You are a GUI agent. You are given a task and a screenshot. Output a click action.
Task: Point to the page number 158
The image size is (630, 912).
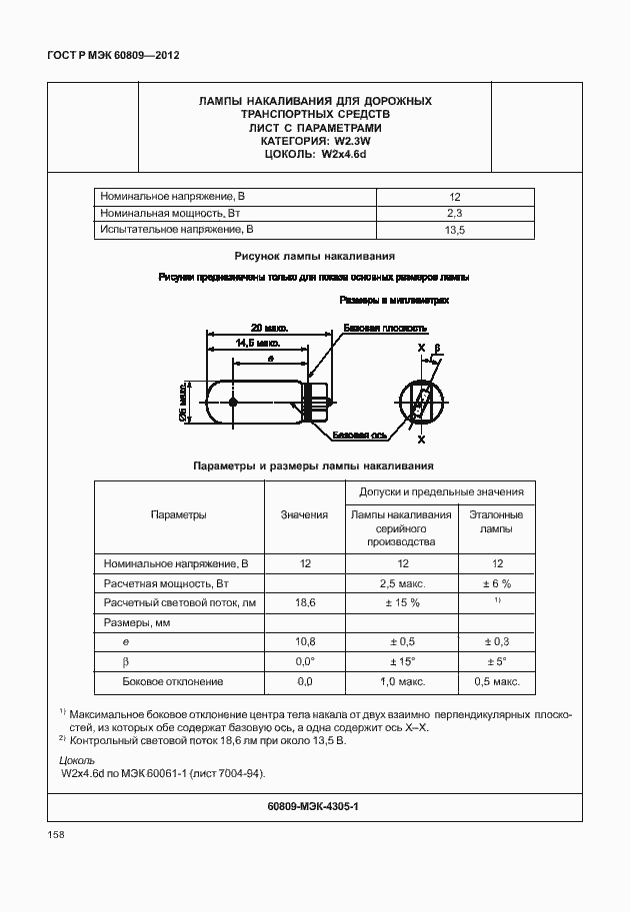point(56,835)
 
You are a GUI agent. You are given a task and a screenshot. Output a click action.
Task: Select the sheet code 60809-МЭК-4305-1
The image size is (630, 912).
point(313,805)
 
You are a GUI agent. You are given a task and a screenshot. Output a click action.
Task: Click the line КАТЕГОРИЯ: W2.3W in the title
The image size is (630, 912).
point(315,141)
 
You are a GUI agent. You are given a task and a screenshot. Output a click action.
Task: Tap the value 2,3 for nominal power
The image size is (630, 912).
point(454,214)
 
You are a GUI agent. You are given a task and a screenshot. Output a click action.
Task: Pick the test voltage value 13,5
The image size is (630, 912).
point(454,231)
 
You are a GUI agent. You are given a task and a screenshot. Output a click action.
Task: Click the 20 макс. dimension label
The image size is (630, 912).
point(269,328)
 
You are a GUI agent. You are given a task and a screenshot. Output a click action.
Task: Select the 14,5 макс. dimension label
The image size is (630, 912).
point(257,343)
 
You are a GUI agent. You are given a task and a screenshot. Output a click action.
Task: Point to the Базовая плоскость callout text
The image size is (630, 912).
point(385,328)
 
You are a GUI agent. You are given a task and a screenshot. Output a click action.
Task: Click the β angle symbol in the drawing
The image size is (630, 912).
point(437,350)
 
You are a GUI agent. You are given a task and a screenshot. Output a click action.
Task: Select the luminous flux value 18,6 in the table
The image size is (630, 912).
point(305,603)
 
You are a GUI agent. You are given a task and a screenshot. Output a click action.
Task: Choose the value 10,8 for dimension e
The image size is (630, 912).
point(305,642)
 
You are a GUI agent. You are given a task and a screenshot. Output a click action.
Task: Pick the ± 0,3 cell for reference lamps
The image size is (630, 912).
point(496,642)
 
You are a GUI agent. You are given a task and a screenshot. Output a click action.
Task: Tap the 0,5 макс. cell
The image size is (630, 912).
point(496,681)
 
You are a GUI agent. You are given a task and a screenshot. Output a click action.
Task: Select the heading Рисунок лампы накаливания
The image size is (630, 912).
point(314,256)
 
